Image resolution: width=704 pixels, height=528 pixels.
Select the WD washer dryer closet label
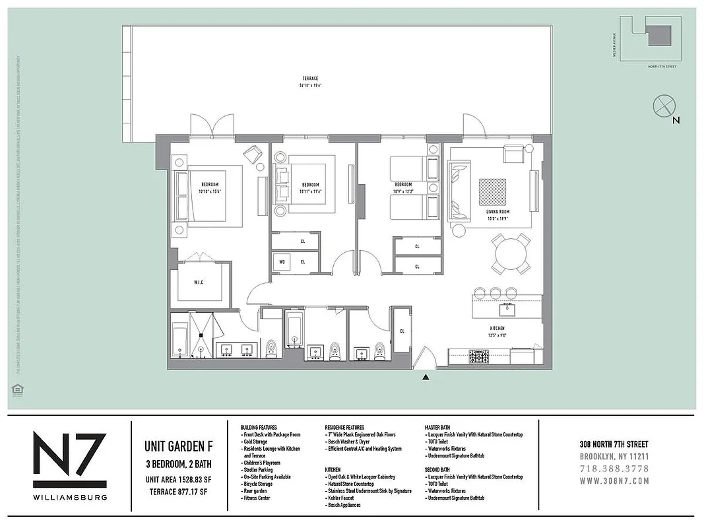[x=282, y=262]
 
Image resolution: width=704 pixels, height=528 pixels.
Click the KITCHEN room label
[x=497, y=328]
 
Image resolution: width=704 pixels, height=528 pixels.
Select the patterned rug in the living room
[x=492, y=192]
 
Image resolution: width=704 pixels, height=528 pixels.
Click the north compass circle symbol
[x=663, y=106]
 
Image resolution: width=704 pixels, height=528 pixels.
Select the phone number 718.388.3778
[x=614, y=469]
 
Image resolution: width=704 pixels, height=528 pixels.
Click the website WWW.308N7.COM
[x=614, y=480]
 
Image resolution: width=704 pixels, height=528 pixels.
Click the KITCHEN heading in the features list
[x=333, y=470]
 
